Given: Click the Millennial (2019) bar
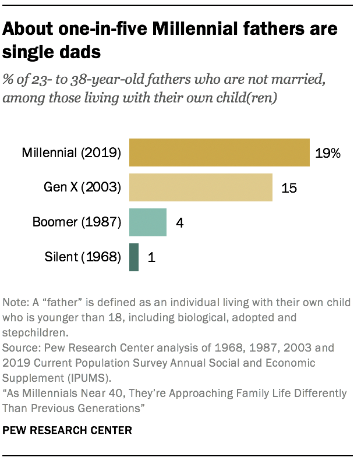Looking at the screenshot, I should pos(219,153).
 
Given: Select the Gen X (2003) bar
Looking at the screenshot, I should pos(200,187).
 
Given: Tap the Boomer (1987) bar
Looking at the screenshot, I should pos(148,222).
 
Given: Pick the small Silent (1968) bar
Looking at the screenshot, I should pos(134,257).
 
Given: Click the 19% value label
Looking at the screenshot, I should pos(328,154).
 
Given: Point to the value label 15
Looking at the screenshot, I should pos(290,188).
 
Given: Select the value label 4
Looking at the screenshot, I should pos(180,222).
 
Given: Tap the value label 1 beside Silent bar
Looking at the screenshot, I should pos(151,257).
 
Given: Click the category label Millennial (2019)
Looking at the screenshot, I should pos(71,154).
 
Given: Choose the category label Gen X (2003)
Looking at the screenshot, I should pos(82,188).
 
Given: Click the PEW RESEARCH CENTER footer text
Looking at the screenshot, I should pos(67,431).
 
